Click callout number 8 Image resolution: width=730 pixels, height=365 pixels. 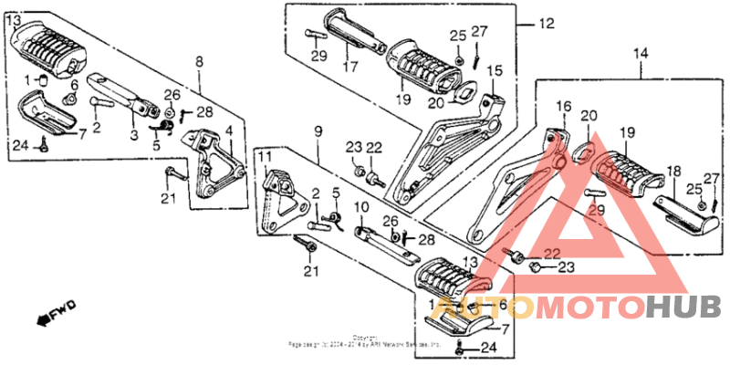198,61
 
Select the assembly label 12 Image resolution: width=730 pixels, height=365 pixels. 545,24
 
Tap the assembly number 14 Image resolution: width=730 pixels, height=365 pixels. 641,54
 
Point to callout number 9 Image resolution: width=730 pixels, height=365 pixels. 318,132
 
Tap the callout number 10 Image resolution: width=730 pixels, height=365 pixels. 360,207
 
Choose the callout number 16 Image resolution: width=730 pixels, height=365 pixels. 562,106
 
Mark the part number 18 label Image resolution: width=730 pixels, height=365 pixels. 673,171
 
